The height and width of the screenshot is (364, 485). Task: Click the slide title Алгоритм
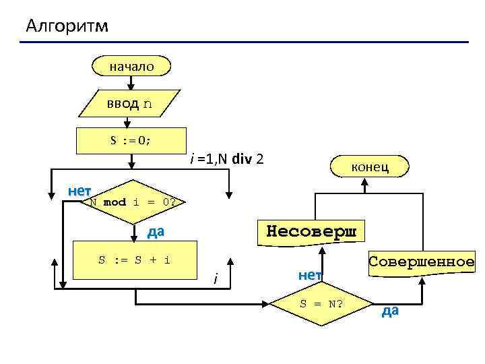[67, 26]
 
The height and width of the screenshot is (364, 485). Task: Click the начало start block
[132, 66]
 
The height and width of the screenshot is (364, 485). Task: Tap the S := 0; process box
[131, 140]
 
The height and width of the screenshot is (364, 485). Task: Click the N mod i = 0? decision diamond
[133, 202]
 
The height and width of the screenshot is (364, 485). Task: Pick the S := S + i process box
[134, 260]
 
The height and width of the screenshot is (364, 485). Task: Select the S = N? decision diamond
[321, 303]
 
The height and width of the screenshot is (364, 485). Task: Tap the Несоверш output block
[314, 231]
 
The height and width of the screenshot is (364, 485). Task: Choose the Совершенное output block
[421, 261]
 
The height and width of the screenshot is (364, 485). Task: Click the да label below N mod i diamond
[156, 233]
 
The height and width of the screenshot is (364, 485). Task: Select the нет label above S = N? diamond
[310, 274]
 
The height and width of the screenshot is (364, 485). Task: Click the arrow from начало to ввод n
[131, 82]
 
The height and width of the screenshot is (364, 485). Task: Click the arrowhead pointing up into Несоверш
[323, 249]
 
